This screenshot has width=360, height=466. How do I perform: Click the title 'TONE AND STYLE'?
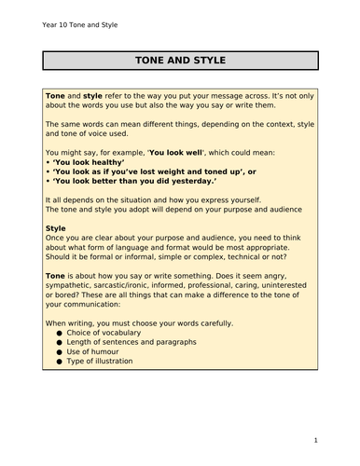(180, 62)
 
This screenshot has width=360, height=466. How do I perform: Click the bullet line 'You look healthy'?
(92, 161)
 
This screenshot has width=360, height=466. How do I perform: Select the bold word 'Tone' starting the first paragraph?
(55, 96)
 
